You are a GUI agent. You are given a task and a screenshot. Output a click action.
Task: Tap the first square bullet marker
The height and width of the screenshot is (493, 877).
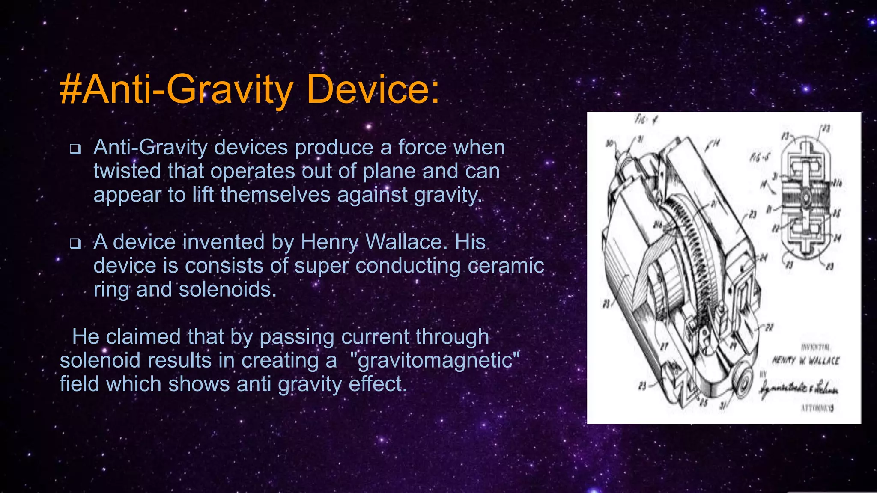[75, 149]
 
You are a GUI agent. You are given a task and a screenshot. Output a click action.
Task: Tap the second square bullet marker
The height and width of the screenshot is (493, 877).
[75, 244]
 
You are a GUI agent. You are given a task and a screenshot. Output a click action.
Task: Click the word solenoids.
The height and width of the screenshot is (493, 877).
[227, 290]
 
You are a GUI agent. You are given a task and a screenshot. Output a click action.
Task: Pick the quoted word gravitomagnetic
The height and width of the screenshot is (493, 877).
[435, 360]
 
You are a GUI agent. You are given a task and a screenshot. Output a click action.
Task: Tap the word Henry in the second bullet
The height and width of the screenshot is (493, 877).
[329, 242]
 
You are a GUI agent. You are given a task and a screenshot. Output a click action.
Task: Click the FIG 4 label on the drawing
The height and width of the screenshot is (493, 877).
[646, 120]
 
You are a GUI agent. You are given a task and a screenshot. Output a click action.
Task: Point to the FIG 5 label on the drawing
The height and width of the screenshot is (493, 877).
[759, 157]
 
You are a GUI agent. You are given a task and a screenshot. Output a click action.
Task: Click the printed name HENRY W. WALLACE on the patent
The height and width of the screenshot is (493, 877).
[805, 360]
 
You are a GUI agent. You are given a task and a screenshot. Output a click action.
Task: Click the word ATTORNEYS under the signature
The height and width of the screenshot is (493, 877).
[817, 408]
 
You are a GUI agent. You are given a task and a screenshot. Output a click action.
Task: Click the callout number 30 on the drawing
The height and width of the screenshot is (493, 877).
[609, 143]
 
